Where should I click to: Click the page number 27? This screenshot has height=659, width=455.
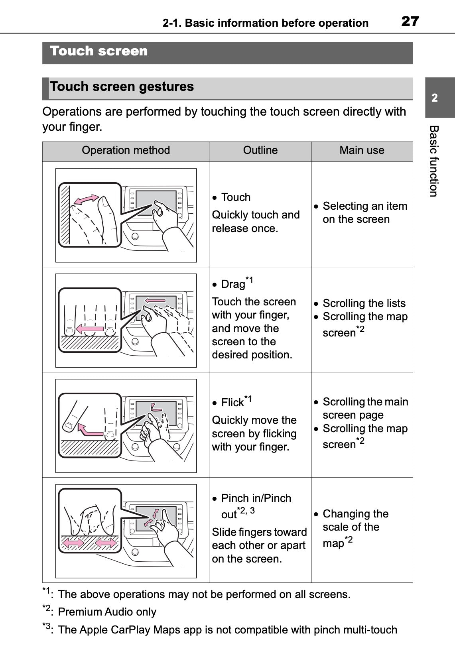410,21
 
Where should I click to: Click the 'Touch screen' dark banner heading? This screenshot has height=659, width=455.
99,51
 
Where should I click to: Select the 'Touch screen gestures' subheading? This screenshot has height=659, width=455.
122,87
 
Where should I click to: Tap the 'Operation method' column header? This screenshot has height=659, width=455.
126,150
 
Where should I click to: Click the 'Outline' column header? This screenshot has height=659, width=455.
260,150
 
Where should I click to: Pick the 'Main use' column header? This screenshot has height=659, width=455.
362,150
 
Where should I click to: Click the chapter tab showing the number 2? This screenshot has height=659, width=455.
435,98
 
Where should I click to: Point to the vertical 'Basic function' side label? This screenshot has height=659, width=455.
434,161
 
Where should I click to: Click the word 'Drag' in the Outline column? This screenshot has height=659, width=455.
233,284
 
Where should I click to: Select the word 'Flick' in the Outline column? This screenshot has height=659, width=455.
232,403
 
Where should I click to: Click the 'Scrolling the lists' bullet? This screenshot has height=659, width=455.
364,303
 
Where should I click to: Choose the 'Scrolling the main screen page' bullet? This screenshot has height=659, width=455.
365,408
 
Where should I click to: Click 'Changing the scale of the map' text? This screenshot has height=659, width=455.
355,527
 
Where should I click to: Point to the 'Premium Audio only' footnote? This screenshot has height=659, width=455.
107,612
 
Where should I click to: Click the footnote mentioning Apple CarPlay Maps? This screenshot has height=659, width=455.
227,630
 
